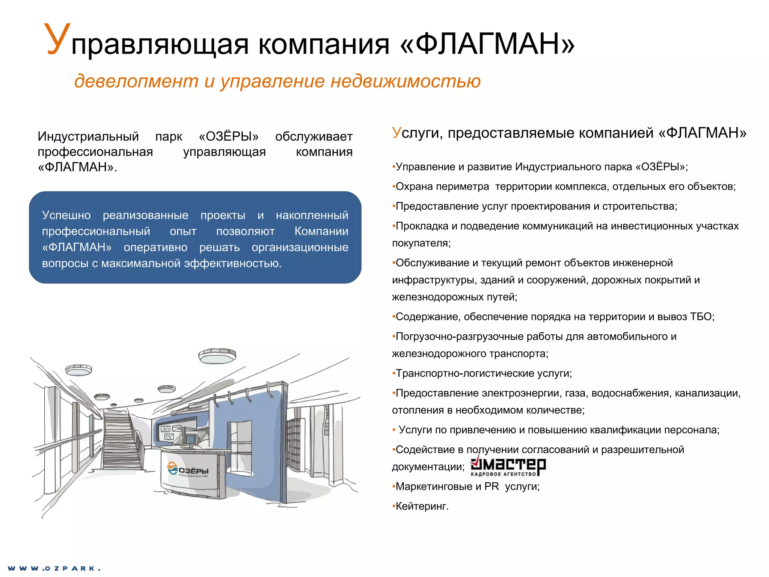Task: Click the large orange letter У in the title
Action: coord(57,39)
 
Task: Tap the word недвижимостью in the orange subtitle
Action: coord(405,81)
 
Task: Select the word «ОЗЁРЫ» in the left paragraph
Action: coord(229,136)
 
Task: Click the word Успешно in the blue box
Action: coord(66,215)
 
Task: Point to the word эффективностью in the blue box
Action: coord(232,264)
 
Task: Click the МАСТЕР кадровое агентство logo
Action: coord(508,466)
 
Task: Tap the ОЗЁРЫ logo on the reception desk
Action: coord(188,470)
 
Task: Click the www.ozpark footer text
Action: coord(54,568)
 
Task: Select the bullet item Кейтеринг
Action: coord(422,506)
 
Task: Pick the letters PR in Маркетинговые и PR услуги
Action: coord(491,486)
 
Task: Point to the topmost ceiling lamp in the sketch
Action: coord(217,355)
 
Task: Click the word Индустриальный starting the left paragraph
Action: coord(88,136)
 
